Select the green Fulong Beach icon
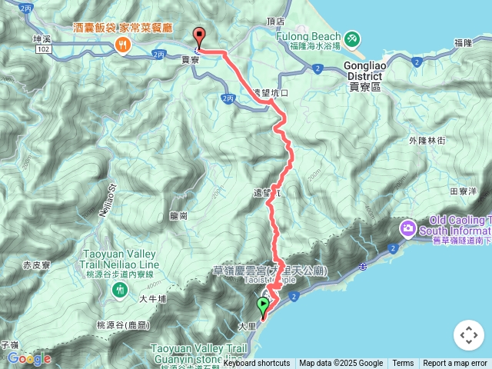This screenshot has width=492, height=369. [x=351, y=36]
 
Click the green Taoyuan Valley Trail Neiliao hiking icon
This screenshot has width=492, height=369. [x=120, y=289]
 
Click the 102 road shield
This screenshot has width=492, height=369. [x=44, y=48]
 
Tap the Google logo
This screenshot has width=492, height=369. [x=29, y=358]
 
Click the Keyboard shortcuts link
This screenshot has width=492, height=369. [x=257, y=364]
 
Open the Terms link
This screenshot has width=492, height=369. [x=403, y=364]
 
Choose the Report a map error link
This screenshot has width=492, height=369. [x=455, y=364]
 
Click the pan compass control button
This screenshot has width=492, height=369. [x=468, y=335]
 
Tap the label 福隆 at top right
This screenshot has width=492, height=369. [x=463, y=42]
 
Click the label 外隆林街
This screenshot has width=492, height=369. [x=427, y=141]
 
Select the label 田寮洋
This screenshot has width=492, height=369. [x=464, y=191]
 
